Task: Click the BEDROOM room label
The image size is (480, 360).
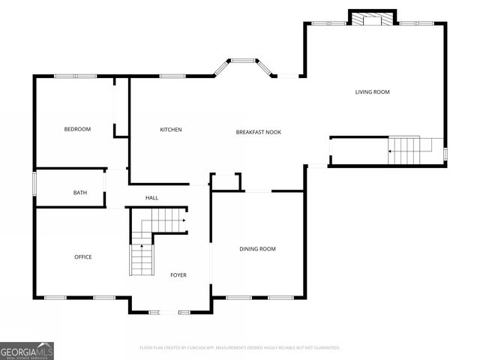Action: pos(77,130)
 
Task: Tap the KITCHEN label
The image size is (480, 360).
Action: pos(171,130)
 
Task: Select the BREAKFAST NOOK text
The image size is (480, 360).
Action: pos(258,132)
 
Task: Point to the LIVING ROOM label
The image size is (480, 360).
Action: pos(372,92)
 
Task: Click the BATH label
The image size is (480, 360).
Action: pos(79,193)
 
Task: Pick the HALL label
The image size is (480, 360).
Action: pos(151,198)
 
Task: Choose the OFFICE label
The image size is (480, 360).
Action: pos(82,257)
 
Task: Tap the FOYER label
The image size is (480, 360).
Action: pos(178,275)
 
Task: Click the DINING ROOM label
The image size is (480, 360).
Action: pos(257,249)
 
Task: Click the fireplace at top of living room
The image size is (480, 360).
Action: pos(372,18)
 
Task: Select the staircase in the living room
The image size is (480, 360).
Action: pos(409,150)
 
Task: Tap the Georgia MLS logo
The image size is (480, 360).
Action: pos(27,350)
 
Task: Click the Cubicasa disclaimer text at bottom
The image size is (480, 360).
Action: pos(240,348)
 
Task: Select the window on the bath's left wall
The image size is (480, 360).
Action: pos(34,185)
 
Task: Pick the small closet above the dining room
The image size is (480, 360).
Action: pos(225,182)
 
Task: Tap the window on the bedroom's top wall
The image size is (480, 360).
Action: pos(75,76)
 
